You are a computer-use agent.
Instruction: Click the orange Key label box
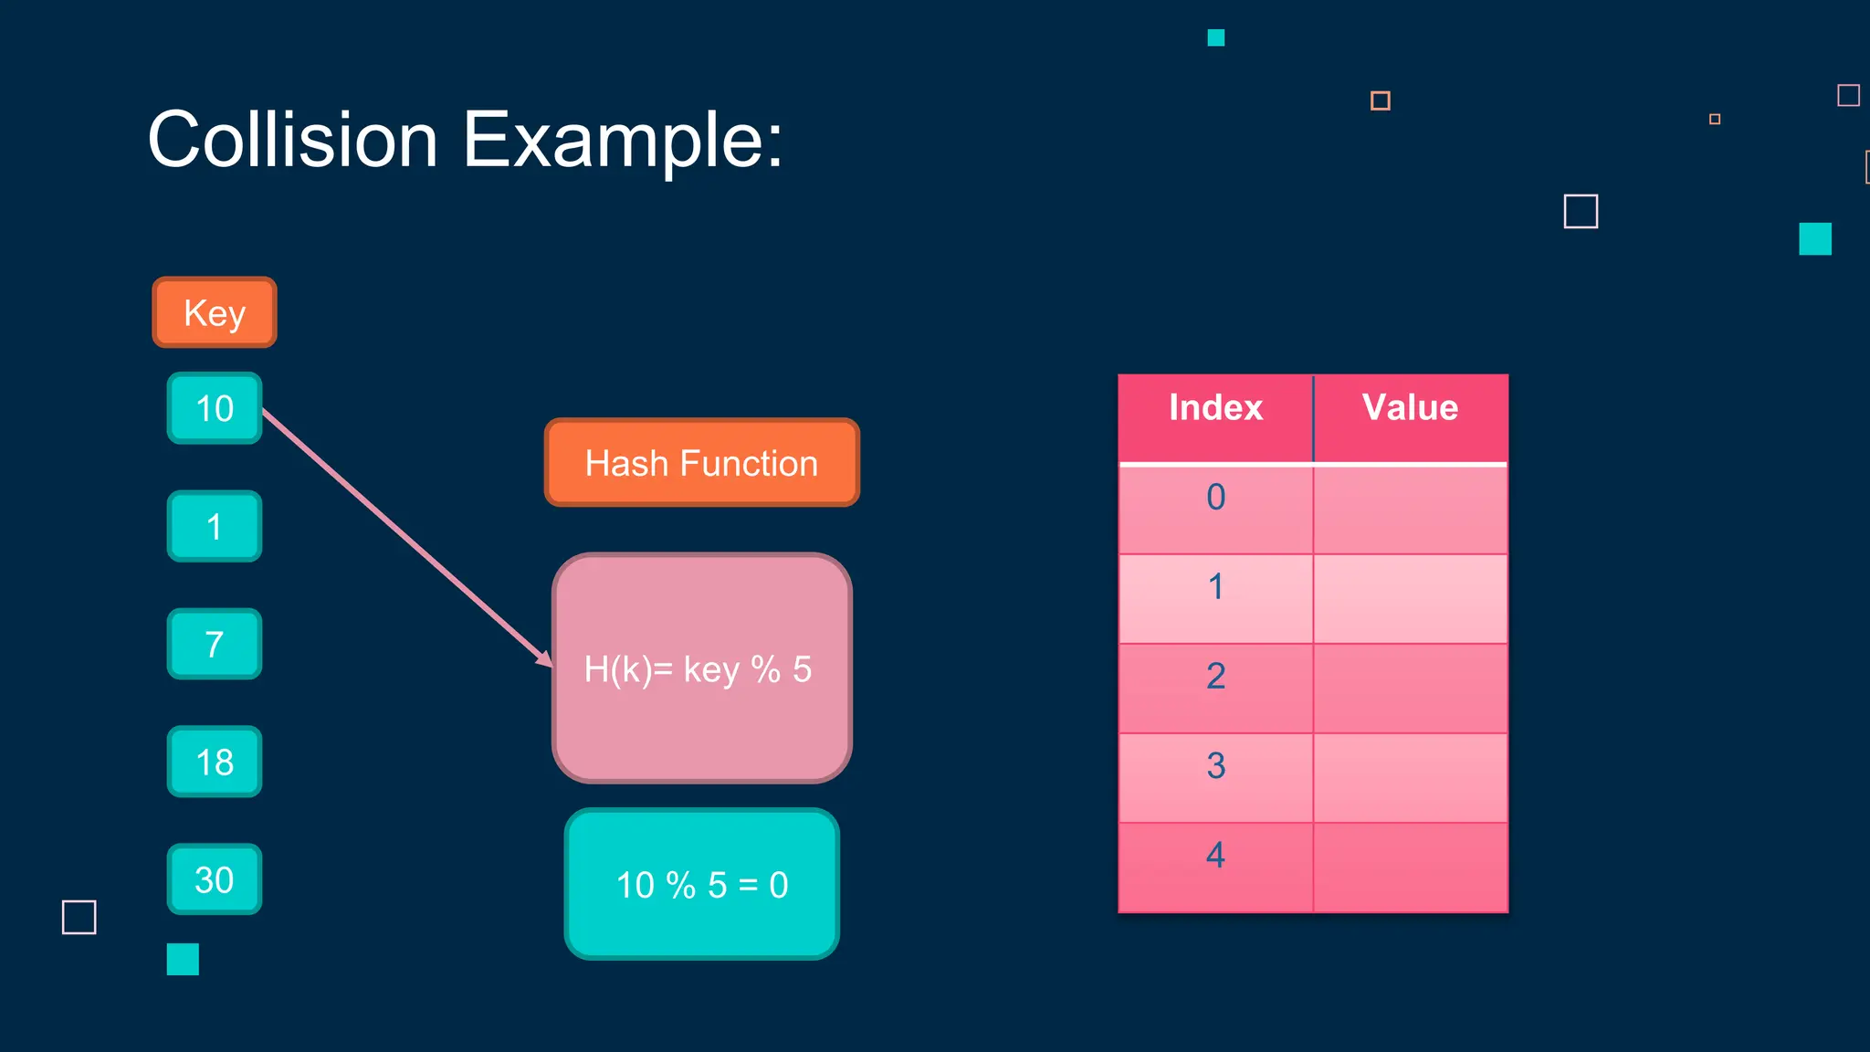coord(215,312)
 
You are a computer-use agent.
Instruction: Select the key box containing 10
coord(215,408)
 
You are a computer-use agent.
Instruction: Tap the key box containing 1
coord(215,526)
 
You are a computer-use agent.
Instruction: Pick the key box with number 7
coord(215,644)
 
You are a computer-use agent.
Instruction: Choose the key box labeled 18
coord(215,762)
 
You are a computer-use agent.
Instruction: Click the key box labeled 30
coord(215,879)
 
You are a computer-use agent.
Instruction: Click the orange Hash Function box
coord(701,463)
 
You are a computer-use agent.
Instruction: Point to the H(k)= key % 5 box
coord(701,668)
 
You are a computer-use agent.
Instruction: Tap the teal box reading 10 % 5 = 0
coord(701,884)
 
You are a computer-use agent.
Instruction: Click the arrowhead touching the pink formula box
coord(544,658)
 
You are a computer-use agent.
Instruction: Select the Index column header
coord(1215,408)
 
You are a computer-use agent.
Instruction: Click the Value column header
coord(1410,408)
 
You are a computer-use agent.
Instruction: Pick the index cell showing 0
coord(1215,509)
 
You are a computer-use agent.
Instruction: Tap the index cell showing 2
coord(1215,688)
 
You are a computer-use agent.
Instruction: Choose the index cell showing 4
coord(1215,867)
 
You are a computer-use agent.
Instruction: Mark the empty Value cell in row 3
coord(1410,777)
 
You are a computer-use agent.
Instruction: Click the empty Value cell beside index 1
coord(1410,598)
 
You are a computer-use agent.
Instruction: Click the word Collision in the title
coord(293,140)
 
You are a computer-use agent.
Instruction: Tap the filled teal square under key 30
coord(183,959)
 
